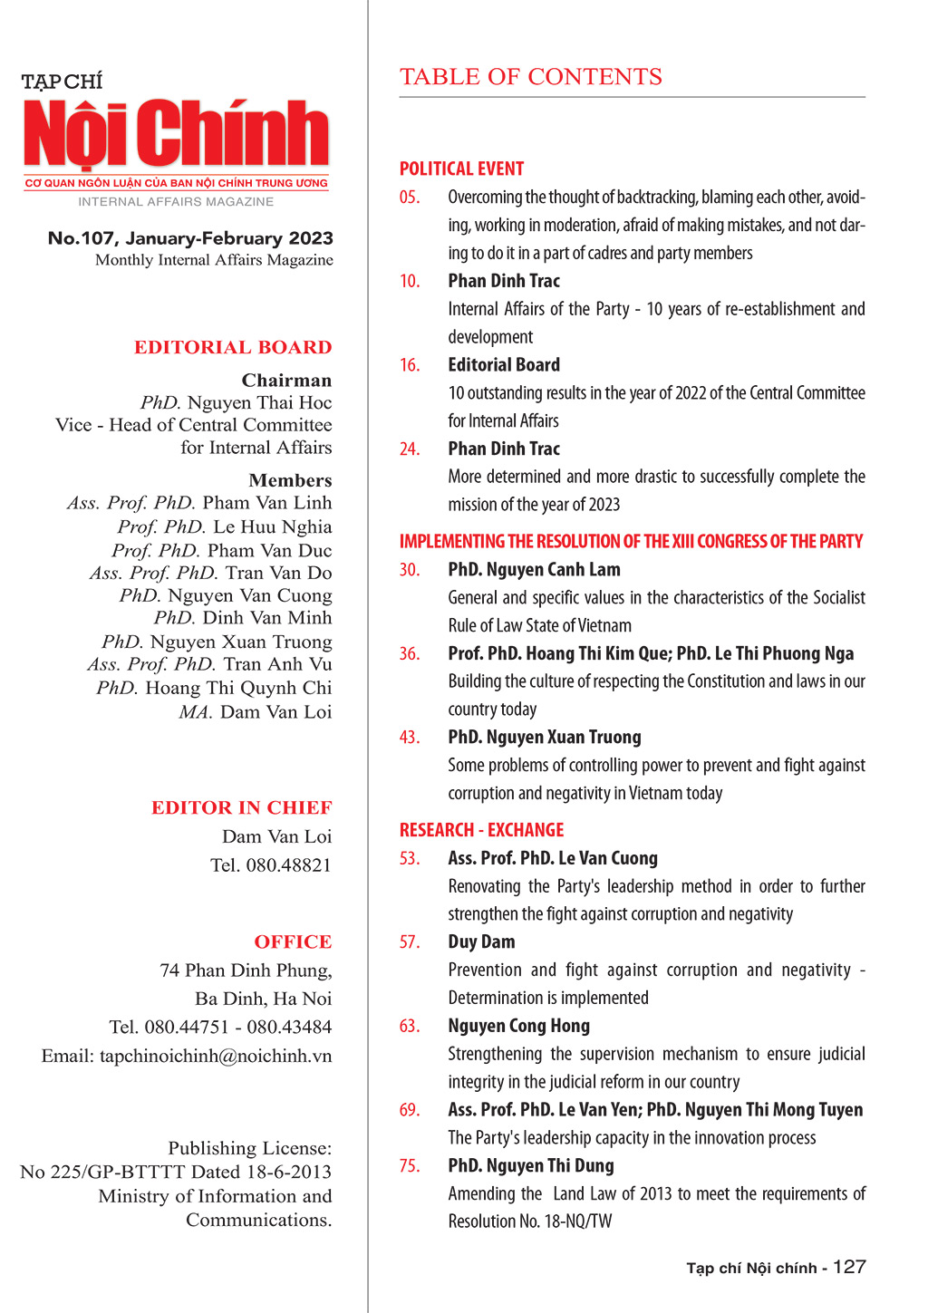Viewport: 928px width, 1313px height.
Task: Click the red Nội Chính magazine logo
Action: (177, 134)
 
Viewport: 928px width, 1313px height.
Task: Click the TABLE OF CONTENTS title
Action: (531, 77)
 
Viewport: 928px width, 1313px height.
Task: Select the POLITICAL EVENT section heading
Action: (461, 169)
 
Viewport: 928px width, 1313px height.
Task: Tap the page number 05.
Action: (410, 198)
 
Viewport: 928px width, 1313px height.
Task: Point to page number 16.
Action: (410, 365)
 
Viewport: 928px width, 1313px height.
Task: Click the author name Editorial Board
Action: (504, 365)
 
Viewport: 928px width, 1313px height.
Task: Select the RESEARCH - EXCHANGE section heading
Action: (481, 830)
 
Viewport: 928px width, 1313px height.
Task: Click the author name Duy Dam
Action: (481, 942)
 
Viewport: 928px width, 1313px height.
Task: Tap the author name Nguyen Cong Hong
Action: (518, 1026)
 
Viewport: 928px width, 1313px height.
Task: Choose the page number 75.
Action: (410, 1166)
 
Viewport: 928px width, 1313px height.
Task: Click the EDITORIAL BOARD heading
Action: (233, 347)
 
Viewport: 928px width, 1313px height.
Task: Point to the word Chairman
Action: (286, 381)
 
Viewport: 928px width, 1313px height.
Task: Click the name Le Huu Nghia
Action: (272, 527)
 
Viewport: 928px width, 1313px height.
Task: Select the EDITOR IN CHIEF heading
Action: (241, 807)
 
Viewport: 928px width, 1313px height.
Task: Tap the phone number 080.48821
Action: (288, 865)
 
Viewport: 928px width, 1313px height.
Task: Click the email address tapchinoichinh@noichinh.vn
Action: (216, 1057)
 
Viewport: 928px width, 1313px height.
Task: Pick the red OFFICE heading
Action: (293, 941)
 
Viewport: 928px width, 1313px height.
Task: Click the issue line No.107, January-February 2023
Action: (190, 238)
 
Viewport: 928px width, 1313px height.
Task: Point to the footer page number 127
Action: (849, 1267)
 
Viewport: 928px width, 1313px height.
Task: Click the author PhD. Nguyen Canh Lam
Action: (534, 570)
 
